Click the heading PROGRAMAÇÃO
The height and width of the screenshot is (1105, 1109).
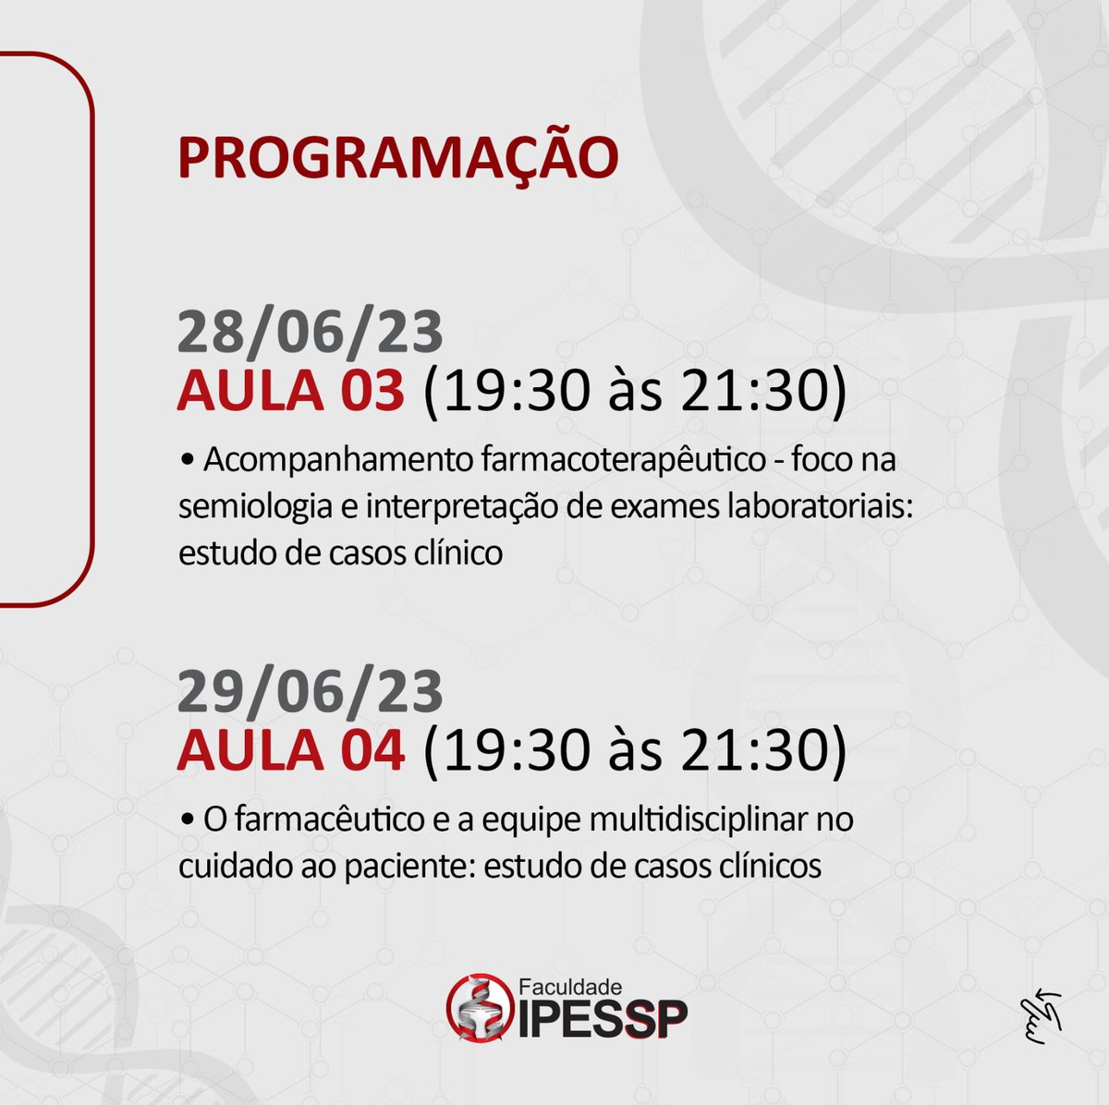click(397, 157)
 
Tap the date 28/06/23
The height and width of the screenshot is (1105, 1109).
click(311, 333)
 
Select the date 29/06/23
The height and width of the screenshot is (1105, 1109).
click(311, 692)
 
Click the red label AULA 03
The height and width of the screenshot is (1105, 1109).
click(291, 391)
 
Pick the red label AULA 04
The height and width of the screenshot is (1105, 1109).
click(291, 750)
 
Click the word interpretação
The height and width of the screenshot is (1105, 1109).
click(469, 506)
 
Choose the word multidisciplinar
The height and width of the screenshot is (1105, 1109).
click(697, 820)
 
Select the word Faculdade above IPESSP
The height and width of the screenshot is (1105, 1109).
click(570, 987)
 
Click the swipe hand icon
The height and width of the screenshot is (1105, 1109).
click(1041, 1015)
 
